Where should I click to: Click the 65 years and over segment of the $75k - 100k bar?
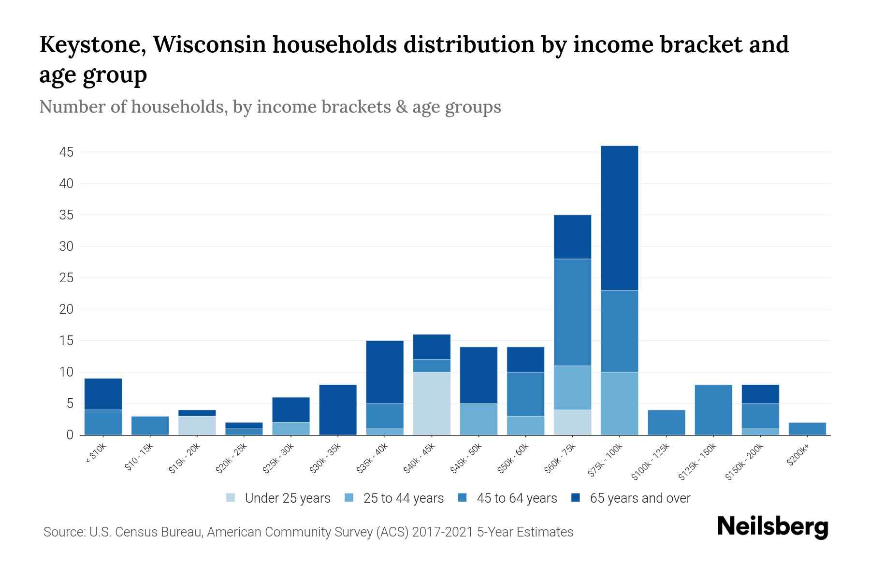pyautogui.click(x=619, y=218)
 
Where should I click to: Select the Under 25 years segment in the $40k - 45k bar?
pyautogui.click(x=432, y=403)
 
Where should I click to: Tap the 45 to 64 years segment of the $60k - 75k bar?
pyautogui.click(x=572, y=312)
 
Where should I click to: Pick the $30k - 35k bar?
pyautogui.click(x=338, y=409)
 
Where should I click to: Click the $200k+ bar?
pyautogui.click(x=807, y=429)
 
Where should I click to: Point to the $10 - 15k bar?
pyautogui.click(x=150, y=425)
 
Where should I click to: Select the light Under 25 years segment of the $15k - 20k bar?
pyautogui.click(x=197, y=425)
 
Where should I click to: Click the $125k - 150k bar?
pyautogui.click(x=713, y=409)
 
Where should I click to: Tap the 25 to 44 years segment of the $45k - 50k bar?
pyautogui.click(x=478, y=419)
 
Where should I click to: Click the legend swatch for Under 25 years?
pyautogui.click(x=231, y=498)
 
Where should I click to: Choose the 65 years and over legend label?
pyautogui.click(x=639, y=498)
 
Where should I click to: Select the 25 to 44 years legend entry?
pyautogui.click(x=403, y=498)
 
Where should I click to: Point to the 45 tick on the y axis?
pyautogui.click(x=66, y=152)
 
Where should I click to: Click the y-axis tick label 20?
pyautogui.click(x=66, y=309)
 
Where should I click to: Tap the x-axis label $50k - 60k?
pyautogui.click(x=513, y=458)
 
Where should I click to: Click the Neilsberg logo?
pyautogui.click(x=772, y=527)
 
